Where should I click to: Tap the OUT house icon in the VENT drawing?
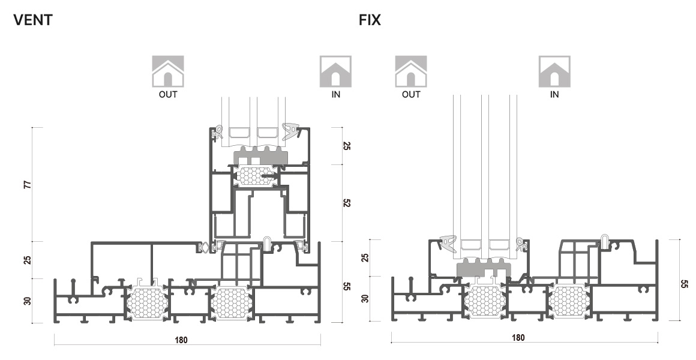click(x=168, y=71)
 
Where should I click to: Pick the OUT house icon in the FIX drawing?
click(x=411, y=71)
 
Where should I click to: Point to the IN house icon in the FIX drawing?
click(x=554, y=71)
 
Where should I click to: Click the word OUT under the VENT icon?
click(x=168, y=94)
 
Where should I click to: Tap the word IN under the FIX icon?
click(x=554, y=94)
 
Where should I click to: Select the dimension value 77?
click(x=27, y=184)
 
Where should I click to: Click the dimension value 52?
click(x=347, y=203)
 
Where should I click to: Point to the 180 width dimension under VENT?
click(x=181, y=340)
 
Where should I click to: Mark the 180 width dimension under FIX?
click(x=517, y=338)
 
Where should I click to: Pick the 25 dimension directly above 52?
click(x=347, y=146)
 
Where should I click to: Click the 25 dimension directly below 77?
click(x=27, y=260)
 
